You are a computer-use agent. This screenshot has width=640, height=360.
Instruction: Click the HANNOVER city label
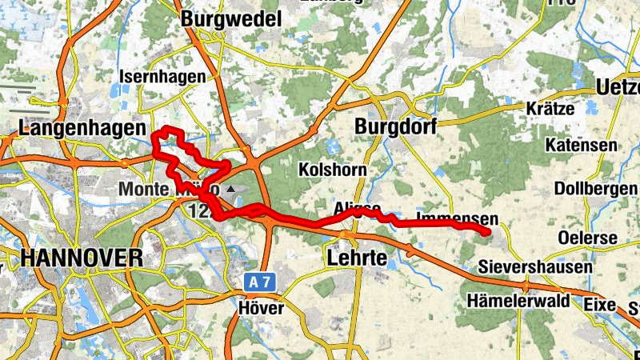click(82, 258)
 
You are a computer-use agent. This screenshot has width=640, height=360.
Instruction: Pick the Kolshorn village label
click(332, 170)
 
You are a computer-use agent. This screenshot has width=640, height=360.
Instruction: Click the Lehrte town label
click(357, 258)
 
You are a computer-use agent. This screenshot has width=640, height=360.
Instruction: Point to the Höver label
click(261, 307)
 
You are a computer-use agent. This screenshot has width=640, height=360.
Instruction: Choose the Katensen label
click(582, 145)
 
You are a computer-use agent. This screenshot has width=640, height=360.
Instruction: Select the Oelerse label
click(588, 238)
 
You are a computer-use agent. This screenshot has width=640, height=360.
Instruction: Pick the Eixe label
click(600, 304)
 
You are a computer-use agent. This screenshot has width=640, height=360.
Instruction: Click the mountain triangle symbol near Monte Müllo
click(232, 189)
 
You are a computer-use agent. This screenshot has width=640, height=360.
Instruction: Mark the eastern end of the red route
click(486, 232)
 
